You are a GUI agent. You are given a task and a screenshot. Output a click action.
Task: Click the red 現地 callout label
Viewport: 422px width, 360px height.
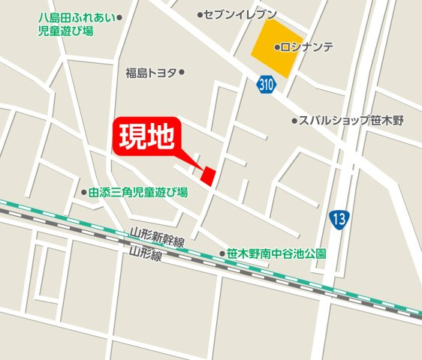pos(149,136)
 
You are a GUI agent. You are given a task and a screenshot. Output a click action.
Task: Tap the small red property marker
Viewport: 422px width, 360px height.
pos(208,175)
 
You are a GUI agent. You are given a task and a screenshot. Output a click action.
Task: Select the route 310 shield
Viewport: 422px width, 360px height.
pos(264,85)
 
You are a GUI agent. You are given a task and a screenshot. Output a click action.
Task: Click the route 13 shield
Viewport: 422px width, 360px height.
pos(339,220)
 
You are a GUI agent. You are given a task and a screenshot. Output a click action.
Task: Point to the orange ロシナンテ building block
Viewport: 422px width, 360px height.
pos(275,47)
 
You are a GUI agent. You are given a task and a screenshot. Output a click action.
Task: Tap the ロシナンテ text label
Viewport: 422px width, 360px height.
pos(307,46)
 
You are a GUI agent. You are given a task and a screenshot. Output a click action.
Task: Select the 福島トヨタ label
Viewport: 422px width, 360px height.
pos(152,73)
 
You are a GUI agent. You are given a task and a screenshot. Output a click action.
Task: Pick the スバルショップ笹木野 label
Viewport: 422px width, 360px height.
pos(351,120)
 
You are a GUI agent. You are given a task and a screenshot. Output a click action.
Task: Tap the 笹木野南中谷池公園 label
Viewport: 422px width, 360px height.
pos(277,253)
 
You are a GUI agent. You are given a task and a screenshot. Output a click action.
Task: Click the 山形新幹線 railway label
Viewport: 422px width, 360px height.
pos(156,238)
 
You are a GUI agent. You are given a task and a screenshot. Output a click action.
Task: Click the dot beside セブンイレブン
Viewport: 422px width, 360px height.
pos(200,14)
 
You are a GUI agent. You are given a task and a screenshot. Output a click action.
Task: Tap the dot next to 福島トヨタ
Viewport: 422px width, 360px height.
pos(182,73)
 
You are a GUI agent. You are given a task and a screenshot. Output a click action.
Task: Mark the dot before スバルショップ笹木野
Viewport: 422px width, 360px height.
pos(294,120)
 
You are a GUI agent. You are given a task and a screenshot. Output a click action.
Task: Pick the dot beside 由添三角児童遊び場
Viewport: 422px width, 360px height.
pos(83,193)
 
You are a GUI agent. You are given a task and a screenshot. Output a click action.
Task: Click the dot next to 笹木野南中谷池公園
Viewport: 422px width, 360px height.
pos(222,253)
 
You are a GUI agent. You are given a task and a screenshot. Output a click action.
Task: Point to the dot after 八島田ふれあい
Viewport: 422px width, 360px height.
pos(119,16)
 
